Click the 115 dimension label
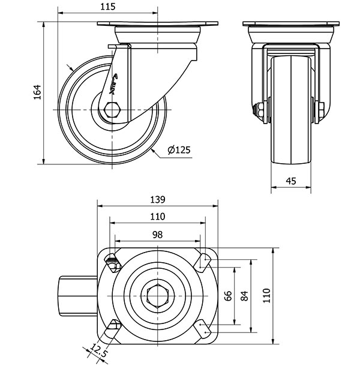point(108,7)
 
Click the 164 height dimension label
point(37,92)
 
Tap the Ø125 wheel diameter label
point(179,150)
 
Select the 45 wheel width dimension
point(292,180)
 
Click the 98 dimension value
point(157,235)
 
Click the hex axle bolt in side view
point(112,110)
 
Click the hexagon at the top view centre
point(157,295)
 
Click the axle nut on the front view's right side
point(320,110)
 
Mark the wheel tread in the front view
point(292,108)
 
